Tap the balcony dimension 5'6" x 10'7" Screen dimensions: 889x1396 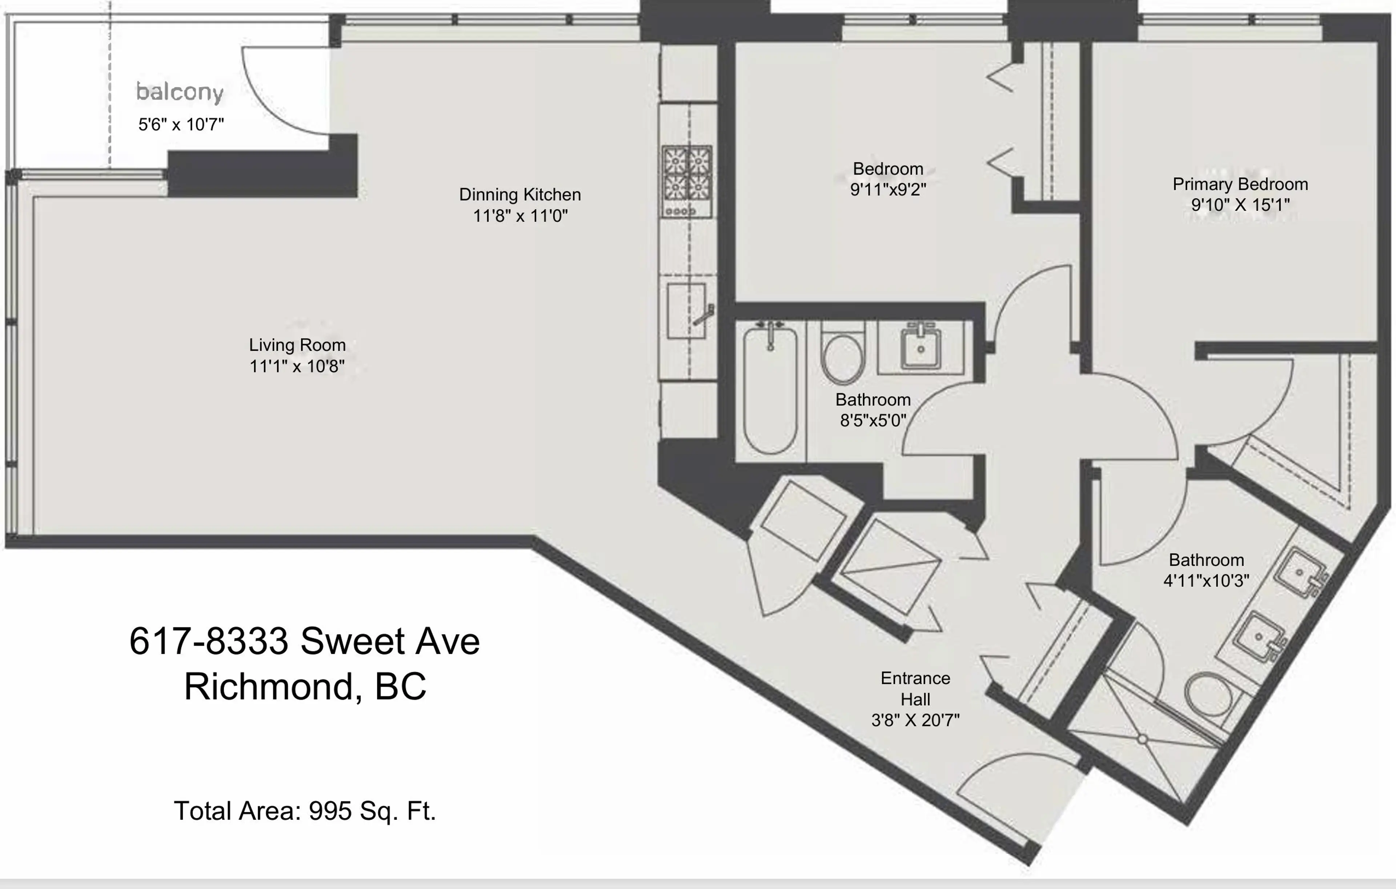181,124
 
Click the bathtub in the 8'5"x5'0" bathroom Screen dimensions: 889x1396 770,392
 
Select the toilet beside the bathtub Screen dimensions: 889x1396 842,357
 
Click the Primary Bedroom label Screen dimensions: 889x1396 1240,184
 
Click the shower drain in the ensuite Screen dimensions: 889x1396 1142,740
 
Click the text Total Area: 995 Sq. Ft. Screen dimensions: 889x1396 304,811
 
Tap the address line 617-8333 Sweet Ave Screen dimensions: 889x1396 304,641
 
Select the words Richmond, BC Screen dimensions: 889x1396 305,686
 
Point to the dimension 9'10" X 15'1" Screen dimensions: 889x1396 1240,205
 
